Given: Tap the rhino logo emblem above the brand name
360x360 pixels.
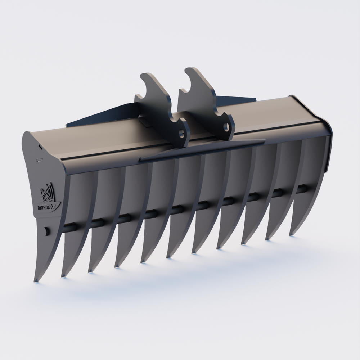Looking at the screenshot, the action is [x=48, y=193].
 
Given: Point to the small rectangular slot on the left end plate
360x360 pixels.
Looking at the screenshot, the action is [x=40, y=160].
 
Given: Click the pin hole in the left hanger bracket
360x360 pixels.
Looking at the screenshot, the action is [x=182, y=133].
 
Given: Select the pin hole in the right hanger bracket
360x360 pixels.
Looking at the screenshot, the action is [x=226, y=126].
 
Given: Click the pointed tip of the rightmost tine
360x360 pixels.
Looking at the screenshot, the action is [x=290, y=234].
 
